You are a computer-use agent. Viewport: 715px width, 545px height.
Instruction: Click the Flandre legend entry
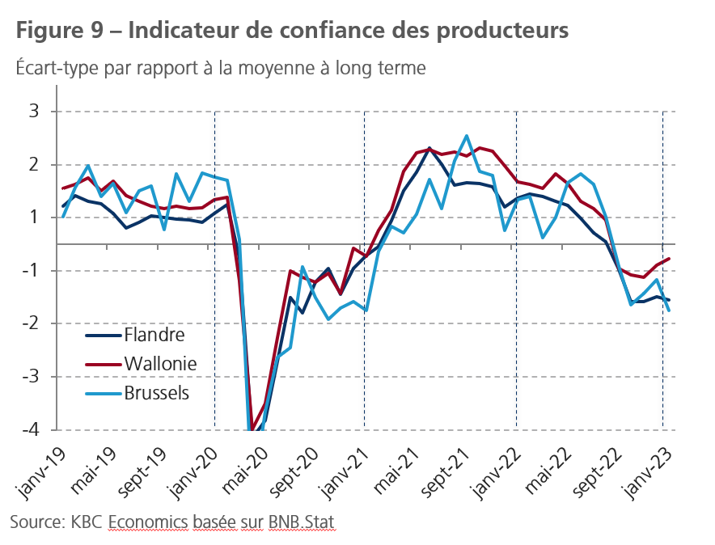point(154,335)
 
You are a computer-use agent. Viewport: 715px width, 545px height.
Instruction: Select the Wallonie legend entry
point(160,364)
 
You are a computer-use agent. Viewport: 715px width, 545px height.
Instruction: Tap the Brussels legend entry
point(157,393)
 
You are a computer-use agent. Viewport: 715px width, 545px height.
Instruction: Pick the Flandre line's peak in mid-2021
point(429,148)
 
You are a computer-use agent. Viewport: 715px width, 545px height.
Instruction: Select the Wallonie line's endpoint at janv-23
point(669,259)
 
